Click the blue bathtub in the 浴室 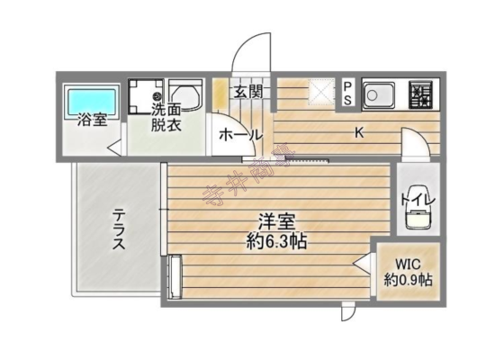point(92,100)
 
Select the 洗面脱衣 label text point(166,118)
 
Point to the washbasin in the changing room point(185,95)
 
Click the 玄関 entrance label point(248,92)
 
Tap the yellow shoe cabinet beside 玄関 point(220,95)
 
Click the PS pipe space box point(347,94)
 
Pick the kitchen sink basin point(379,94)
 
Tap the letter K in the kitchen point(359,132)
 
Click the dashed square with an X point(322,92)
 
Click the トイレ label point(418,199)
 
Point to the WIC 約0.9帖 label point(408,273)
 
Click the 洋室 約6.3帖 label point(276,231)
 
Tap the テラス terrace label point(119,229)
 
